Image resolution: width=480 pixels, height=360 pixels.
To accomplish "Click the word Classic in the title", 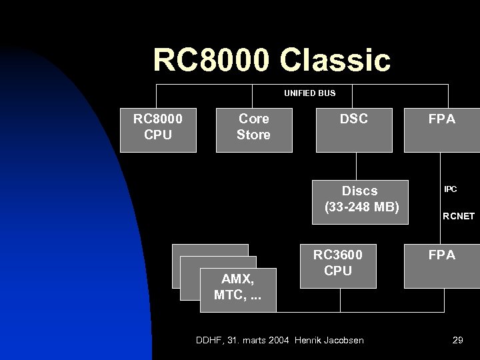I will pyautogui.click(x=336, y=59).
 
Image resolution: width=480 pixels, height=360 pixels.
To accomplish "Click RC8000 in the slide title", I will pyautogui.click(x=213, y=59).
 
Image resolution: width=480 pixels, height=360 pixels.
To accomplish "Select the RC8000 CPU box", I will pyautogui.click(x=157, y=127).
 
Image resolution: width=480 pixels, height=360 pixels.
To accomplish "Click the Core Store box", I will pyautogui.click(x=253, y=127).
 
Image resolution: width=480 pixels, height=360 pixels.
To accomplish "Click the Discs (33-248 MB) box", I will pyautogui.click(x=361, y=199).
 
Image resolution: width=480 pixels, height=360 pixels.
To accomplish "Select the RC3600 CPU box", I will pyautogui.click(x=338, y=263).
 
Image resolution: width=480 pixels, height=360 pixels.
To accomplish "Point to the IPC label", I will pyautogui.click(x=451, y=190).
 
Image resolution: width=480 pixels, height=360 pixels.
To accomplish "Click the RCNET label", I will pyautogui.click(x=457, y=217).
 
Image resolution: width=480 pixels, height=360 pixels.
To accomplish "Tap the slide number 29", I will pyautogui.click(x=457, y=341).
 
